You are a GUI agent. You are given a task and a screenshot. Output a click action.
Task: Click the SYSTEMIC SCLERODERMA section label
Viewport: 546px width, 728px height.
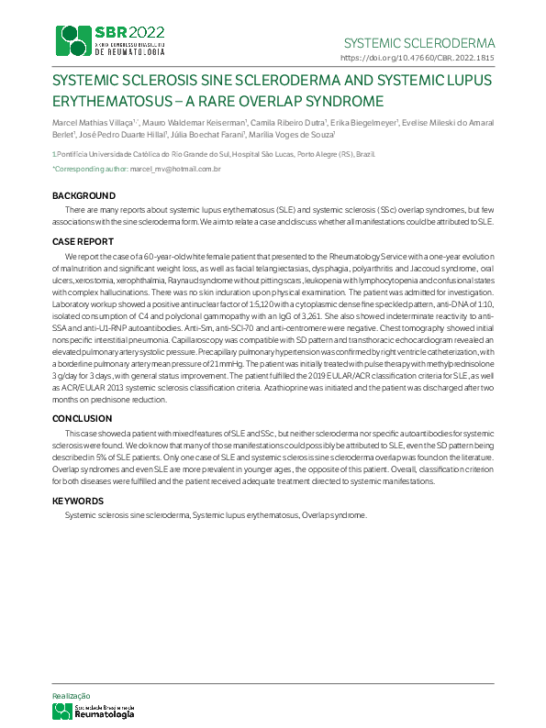point(418,43)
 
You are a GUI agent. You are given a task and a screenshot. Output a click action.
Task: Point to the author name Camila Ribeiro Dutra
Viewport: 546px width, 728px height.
point(276,122)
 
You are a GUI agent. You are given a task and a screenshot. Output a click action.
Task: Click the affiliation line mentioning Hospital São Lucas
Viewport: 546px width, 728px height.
point(213,154)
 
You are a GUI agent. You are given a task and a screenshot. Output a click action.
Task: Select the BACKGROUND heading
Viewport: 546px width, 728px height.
point(84,196)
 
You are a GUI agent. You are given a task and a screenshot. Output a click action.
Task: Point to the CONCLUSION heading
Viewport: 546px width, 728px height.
point(83,418)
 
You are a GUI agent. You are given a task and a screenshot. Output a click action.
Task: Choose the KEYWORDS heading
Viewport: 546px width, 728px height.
point(78,501)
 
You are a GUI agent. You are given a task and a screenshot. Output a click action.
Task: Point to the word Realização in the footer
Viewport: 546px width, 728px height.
point(71,696)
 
